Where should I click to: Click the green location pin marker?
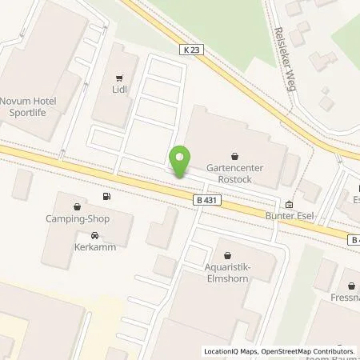tap(180, 163)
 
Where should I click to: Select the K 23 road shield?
tap(190, 50)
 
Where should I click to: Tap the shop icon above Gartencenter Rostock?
tap(234, 155)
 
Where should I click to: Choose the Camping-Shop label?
tap(77, 218)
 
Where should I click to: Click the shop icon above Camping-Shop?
tap(77, 205)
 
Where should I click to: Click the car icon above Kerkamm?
tap(96, 235)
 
